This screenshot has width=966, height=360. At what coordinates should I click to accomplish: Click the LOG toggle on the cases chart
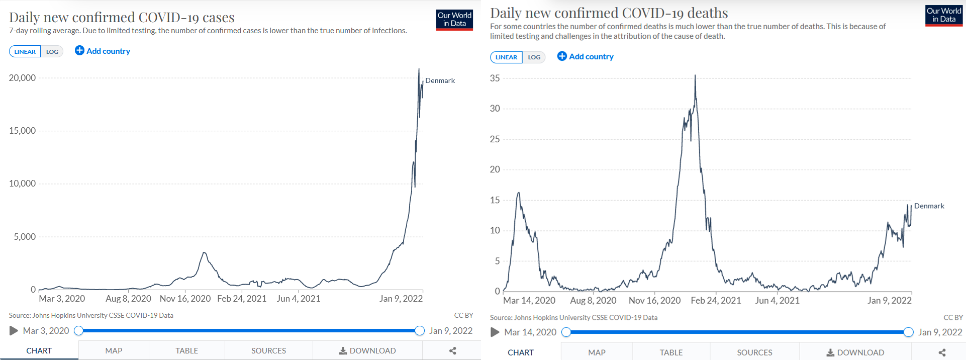click(x=52, y=51)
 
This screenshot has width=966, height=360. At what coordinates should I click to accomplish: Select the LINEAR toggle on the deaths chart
click(x=506, y=57)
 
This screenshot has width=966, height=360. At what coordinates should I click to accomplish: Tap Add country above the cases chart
click(x=103, y=51)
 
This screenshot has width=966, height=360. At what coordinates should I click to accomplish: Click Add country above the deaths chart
click(x=586, y=56)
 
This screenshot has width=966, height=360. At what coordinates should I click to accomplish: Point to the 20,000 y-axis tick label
click(x=22, y=78)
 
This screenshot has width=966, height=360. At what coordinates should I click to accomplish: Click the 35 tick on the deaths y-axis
click(x=495, y=78)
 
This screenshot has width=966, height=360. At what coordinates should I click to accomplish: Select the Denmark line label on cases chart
click(x=440, y=80)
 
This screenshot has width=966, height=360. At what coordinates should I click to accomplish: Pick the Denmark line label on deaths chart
click(x=929, y=206)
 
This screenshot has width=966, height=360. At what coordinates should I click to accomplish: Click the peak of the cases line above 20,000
click(x=419, y=69)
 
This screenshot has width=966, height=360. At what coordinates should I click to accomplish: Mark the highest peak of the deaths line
click(x=695, y=75)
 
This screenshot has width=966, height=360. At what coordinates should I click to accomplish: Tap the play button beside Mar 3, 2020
click(x=14, y=331)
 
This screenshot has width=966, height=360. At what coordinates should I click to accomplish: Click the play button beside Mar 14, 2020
click(x=495, y=332)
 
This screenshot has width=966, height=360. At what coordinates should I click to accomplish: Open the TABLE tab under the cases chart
click(x=186, y=350)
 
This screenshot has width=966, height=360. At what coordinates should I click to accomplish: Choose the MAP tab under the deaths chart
click(x=597, y=352)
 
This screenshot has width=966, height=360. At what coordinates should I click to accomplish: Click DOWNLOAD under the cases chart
click(x=367, y=350)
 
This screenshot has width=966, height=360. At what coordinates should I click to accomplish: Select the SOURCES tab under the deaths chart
click(x=754, y=352)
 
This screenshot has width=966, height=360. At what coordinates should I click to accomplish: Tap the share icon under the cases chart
click(x=452, y=350)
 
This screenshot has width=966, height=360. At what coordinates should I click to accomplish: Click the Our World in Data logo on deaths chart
click(x=944, y=16)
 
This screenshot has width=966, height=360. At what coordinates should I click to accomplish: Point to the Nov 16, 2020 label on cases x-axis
click(x=185, y=299)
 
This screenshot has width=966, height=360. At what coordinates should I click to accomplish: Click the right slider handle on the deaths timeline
click(x=908, y=332)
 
